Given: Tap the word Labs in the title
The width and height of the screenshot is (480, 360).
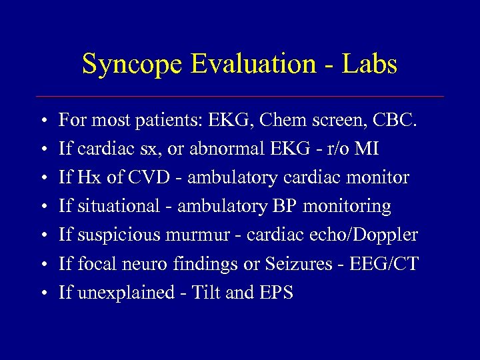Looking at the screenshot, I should pos(369,65).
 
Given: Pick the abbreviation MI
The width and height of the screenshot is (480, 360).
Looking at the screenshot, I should pos(366,149).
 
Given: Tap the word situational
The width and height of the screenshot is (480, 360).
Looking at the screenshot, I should pos(117,207).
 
